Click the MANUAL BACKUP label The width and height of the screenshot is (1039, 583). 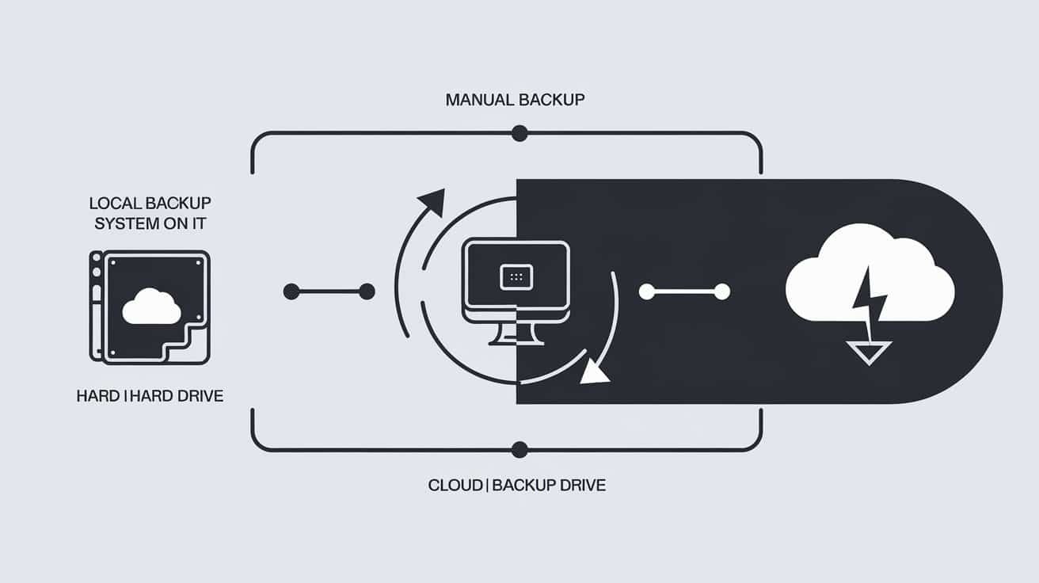coord(515,100)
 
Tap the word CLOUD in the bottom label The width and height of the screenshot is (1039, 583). coord(455,485)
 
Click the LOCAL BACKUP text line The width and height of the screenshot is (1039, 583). coord(150,203)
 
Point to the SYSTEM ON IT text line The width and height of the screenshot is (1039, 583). coord(150,223)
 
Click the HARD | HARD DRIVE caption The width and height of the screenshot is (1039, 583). coord(150,395)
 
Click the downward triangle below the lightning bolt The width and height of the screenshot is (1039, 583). coord(870,351)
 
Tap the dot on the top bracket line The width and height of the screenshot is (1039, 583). coord(519,133)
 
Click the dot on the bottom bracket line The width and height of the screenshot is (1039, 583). coord(519,450)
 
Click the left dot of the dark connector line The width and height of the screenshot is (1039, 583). coord(291,292)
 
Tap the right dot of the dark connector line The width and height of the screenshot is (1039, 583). coord(367,292)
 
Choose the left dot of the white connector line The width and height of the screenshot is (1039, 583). coord(646,292)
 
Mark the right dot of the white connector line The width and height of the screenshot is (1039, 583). coord(721,292)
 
